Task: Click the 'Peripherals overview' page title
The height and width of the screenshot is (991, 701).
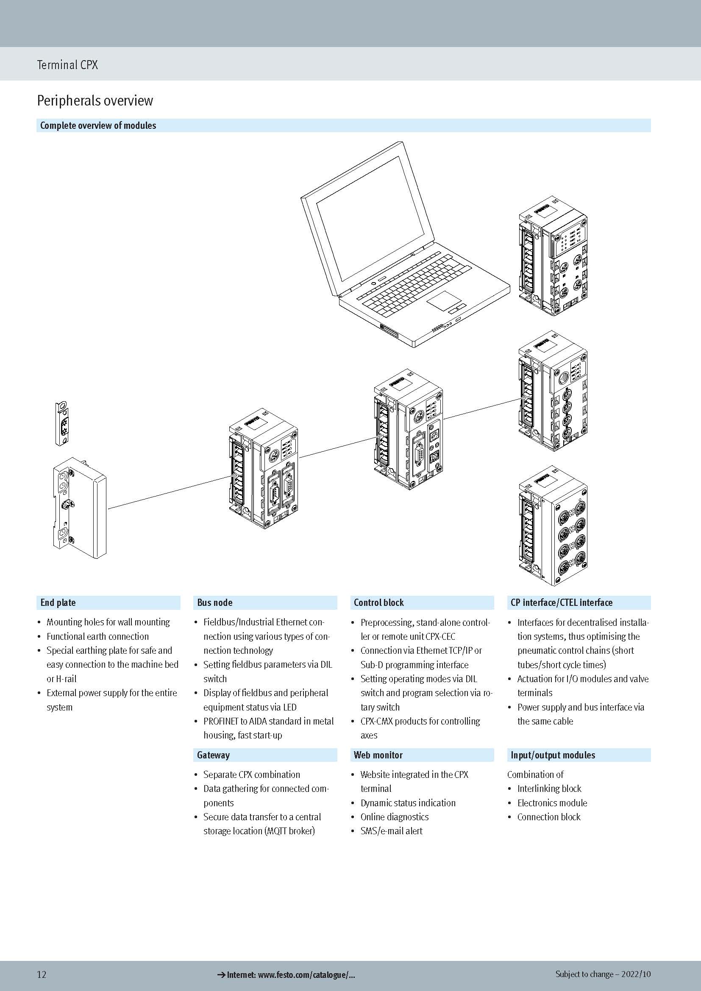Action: point(95,100)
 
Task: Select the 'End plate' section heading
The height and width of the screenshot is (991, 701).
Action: point(58,602)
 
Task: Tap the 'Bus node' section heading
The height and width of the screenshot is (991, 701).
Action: point(214,602)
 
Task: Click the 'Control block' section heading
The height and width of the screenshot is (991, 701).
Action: point(378,602)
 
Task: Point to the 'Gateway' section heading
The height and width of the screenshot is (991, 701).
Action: point(213,755)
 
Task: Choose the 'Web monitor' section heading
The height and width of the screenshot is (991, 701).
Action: point(378,755)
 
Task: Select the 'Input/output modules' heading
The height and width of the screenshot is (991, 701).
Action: point(553,755)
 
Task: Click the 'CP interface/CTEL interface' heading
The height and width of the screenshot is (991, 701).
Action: point(561,602)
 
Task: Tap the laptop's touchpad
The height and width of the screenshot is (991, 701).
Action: point(443,299)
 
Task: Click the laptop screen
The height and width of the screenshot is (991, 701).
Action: point(367,220)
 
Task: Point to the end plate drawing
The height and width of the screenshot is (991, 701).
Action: point(80,507)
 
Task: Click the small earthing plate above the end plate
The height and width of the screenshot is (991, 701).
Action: point(63,423)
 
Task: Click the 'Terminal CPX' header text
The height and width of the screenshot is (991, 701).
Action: point(67,65)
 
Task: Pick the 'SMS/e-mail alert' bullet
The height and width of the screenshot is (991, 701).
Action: point(391,831)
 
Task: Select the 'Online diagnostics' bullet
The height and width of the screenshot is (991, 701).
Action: point(395,816)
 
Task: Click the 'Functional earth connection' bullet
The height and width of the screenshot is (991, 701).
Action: point(97,636)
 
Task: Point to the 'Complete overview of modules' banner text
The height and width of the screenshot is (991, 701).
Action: point(98,125)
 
